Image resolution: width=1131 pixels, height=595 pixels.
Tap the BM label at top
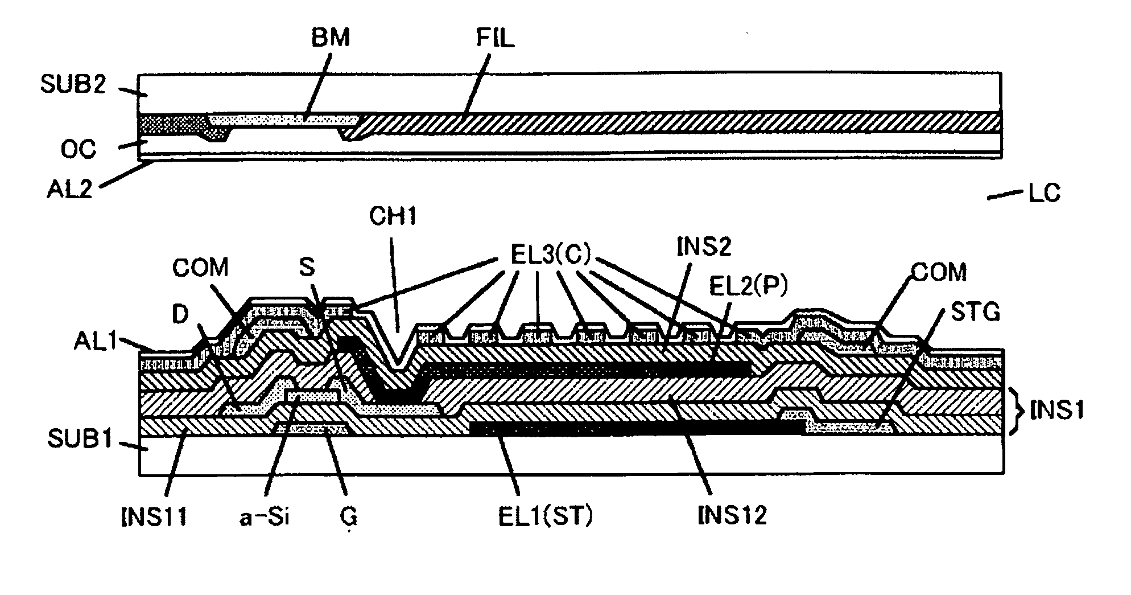point(330,38)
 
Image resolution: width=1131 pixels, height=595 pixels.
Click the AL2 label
point(69,189)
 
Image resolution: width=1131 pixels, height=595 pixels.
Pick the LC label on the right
point(1044,194)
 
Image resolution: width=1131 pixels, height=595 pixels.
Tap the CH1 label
point(393,216)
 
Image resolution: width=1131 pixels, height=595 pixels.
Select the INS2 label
point(704,248)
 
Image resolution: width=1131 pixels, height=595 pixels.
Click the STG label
point(976,312)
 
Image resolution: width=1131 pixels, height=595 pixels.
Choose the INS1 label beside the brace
point(1056,410)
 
